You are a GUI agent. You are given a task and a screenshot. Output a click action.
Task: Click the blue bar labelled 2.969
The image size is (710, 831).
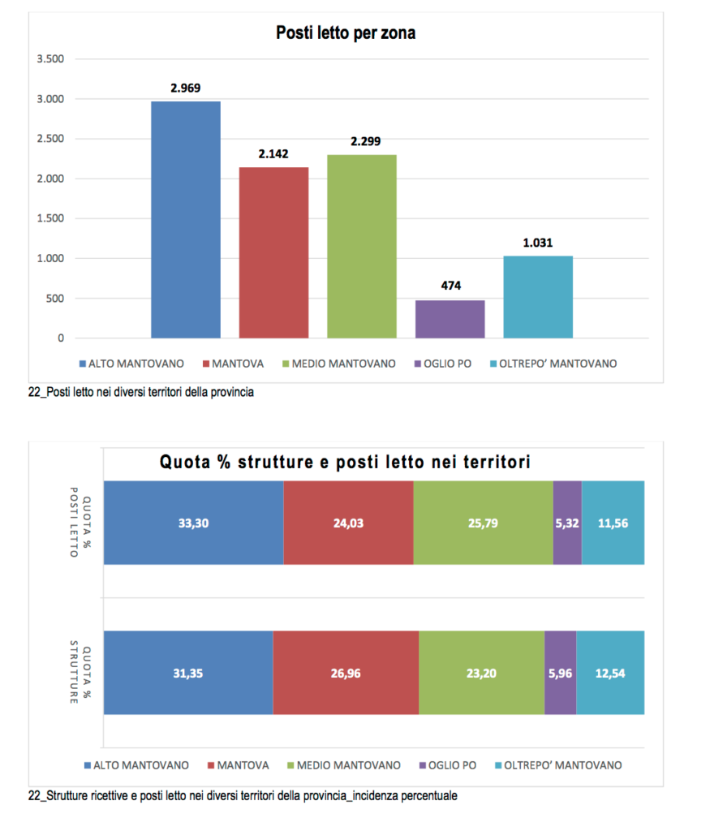pos(185,219)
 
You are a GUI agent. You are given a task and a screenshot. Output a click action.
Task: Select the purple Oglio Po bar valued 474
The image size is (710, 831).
pos(450,319)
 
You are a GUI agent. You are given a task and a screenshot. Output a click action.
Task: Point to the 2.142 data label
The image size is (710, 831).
pos(273,153)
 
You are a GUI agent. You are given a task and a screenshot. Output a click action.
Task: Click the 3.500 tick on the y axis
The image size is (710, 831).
pos(49,59)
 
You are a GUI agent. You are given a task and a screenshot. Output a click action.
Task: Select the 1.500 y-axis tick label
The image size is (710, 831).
pos(49,218)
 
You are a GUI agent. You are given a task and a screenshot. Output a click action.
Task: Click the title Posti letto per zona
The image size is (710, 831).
pos(346,33)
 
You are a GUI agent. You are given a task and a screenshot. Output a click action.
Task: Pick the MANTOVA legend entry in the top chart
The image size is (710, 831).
pos(235,364)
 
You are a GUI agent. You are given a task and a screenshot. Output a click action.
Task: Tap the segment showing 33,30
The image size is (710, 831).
pos(193,523)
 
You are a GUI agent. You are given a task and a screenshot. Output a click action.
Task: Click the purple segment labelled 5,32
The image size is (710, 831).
pos(567,523)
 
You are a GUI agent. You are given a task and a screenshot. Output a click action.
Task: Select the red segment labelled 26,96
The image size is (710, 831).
pos(346,673)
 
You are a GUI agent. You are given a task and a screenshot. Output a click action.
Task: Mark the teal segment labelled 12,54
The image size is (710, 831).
pos(610,673)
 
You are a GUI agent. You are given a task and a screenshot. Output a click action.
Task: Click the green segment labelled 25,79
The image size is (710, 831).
pos(483,523)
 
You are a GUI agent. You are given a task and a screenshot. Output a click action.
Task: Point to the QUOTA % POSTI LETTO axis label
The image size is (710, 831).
pos(79,523)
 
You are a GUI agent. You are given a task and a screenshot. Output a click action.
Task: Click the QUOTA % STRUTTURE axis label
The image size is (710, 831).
pos(79,673)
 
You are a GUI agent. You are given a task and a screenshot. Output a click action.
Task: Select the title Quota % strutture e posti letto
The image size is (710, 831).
pos(344,463)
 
